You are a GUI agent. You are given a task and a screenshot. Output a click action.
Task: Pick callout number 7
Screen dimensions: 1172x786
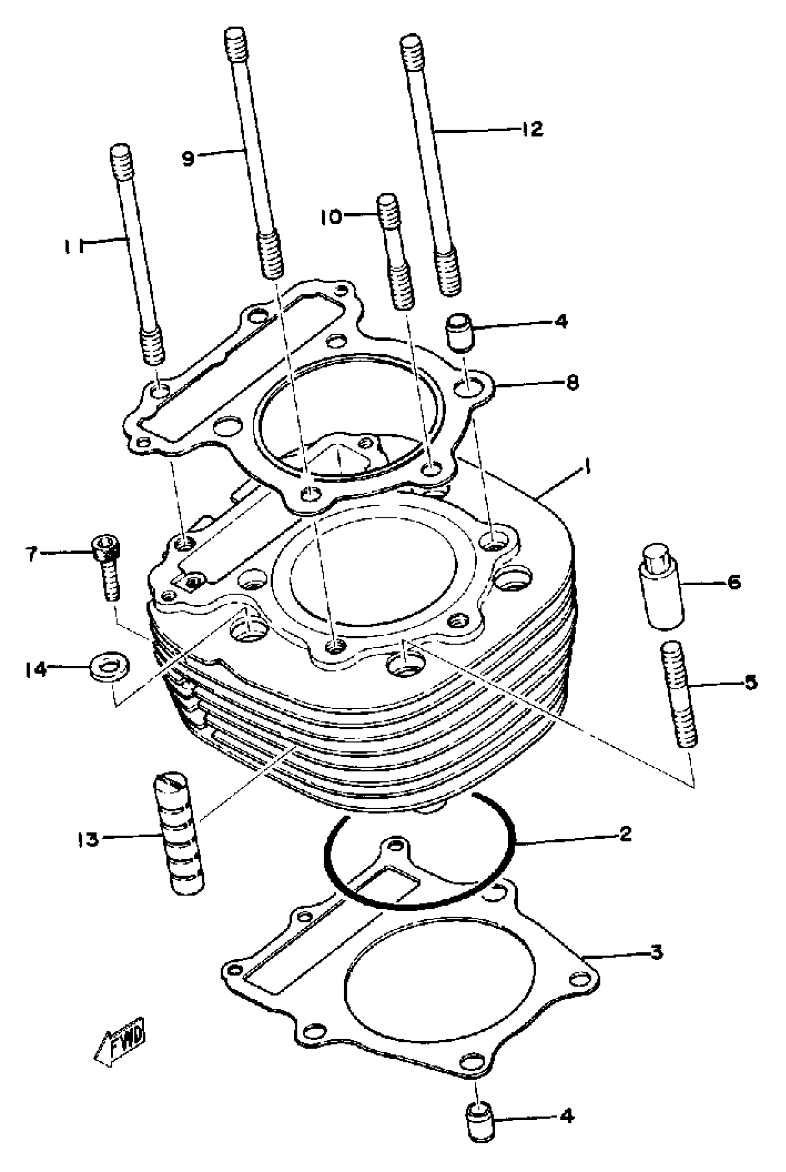(x=31, y=554)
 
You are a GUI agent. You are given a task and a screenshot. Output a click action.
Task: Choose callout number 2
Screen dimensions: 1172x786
(x=625, y=835)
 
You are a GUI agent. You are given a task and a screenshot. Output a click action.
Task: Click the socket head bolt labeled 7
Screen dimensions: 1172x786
(x=108, y=568)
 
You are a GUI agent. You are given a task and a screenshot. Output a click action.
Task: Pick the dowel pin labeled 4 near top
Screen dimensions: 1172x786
(x=458, y=331)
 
